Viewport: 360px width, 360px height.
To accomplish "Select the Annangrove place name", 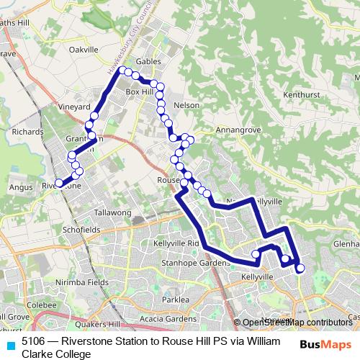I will [x=235, y=131].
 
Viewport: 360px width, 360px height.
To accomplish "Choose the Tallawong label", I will [x=113, y=213].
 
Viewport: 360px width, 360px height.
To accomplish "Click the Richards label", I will [x=27, y=132].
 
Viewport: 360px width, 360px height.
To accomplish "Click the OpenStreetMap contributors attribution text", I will [x=294, y=323].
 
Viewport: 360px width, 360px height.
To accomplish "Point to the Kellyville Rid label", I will [x=175, y=243].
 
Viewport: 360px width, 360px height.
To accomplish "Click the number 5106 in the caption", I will [x=33, y=342].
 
